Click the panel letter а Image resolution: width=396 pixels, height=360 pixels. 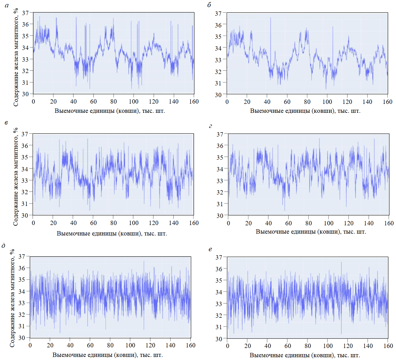coord(7,5)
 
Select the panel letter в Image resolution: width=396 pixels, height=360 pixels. coord(6,123)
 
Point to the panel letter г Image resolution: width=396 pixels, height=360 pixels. coord(210,126)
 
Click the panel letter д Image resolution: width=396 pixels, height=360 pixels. coord(4,246)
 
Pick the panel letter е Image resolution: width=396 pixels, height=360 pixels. coord(210,249)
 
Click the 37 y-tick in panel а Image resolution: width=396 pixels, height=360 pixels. coord(25,13)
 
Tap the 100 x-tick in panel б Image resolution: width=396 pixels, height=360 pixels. coord(327,102)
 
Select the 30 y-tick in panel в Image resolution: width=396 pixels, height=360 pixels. coord(25,215)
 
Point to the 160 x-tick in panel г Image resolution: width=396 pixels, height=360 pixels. coord(389,223)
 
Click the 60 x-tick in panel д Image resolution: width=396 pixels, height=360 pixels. coord(90,345)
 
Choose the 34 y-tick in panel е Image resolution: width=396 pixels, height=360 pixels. coord(219,292)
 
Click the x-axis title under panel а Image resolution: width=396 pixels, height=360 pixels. coord(110,111)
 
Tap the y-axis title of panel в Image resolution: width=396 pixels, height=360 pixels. coord(16,177)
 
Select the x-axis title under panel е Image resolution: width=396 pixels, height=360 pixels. coord(305,355)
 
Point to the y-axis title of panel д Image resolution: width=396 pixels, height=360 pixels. coord(12,298)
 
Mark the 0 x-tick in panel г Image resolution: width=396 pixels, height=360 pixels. coord(228,223)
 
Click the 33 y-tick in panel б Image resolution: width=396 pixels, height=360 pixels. coord(218,60)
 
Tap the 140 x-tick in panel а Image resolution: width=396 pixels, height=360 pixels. coord(174,101)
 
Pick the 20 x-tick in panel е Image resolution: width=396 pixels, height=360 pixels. coord(248,346)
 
